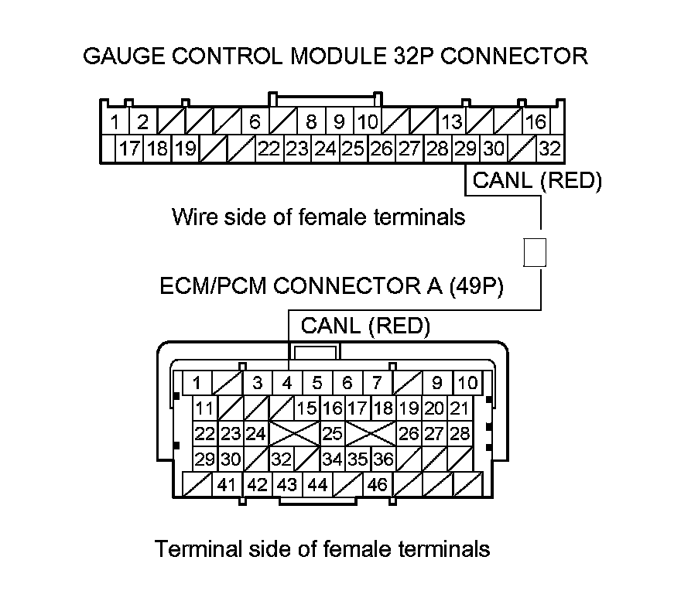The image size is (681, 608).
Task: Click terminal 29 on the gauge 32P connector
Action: pos(465,148)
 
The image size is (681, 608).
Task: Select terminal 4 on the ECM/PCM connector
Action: pos(287,382)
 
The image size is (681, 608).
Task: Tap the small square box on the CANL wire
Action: pos(536,253)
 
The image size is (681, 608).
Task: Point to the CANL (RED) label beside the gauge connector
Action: pos(536,181)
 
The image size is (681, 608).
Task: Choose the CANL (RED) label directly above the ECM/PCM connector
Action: pos(364,326)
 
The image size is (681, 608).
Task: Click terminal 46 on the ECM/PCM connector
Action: pos(377,485)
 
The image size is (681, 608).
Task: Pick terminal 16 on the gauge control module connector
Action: pos(536,121)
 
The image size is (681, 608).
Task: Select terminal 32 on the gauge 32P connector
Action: pos(549,148)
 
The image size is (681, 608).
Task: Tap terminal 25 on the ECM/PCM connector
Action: pos(332,433)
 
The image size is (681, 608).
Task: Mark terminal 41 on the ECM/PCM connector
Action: pos(226,485)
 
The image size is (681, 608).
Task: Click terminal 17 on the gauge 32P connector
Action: pos(129,148)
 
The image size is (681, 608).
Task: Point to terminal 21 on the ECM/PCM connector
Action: pos(460,408)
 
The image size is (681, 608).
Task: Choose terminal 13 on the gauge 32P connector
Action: pos(451,121)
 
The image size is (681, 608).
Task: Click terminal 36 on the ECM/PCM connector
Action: pos(383,459)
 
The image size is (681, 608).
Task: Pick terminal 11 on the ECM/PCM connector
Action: pos(204,408)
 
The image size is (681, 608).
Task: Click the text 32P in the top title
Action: pos(442,56)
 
